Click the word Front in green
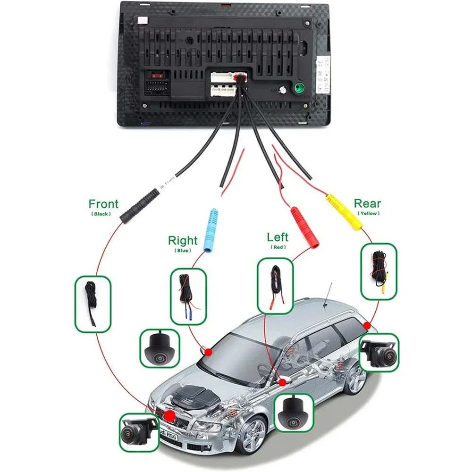103,204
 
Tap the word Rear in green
367,203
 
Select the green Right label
183,241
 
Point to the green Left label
277,237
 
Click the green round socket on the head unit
299,88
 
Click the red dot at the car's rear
367,326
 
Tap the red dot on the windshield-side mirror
208,352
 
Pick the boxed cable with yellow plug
379,271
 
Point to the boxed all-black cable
93,303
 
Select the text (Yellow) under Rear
367,213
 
